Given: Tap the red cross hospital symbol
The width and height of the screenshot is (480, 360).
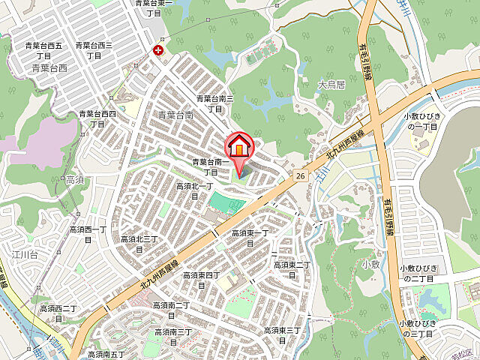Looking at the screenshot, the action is pos(158,51).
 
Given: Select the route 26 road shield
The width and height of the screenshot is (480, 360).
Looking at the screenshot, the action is pos(300,175).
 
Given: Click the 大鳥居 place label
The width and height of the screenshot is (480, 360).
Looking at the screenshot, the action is pos(330,85).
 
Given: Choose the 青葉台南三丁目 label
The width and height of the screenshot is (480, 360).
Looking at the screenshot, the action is pos(215,103).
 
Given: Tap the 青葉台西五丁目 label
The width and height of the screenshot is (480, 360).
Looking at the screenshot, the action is pos(43,50).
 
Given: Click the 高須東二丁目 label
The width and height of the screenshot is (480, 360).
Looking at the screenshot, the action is pos(292,269).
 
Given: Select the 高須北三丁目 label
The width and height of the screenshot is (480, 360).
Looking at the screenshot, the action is pos(139,244).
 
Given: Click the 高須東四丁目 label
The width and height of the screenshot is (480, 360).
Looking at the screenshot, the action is pos(201,280).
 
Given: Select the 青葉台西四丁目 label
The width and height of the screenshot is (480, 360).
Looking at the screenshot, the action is pos(97,118).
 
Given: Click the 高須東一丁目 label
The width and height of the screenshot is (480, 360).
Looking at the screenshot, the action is pos(250,238).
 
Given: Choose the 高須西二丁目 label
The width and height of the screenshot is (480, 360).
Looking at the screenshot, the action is pos(58,313).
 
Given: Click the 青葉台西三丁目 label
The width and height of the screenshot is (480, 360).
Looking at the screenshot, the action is pos(94,50).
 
